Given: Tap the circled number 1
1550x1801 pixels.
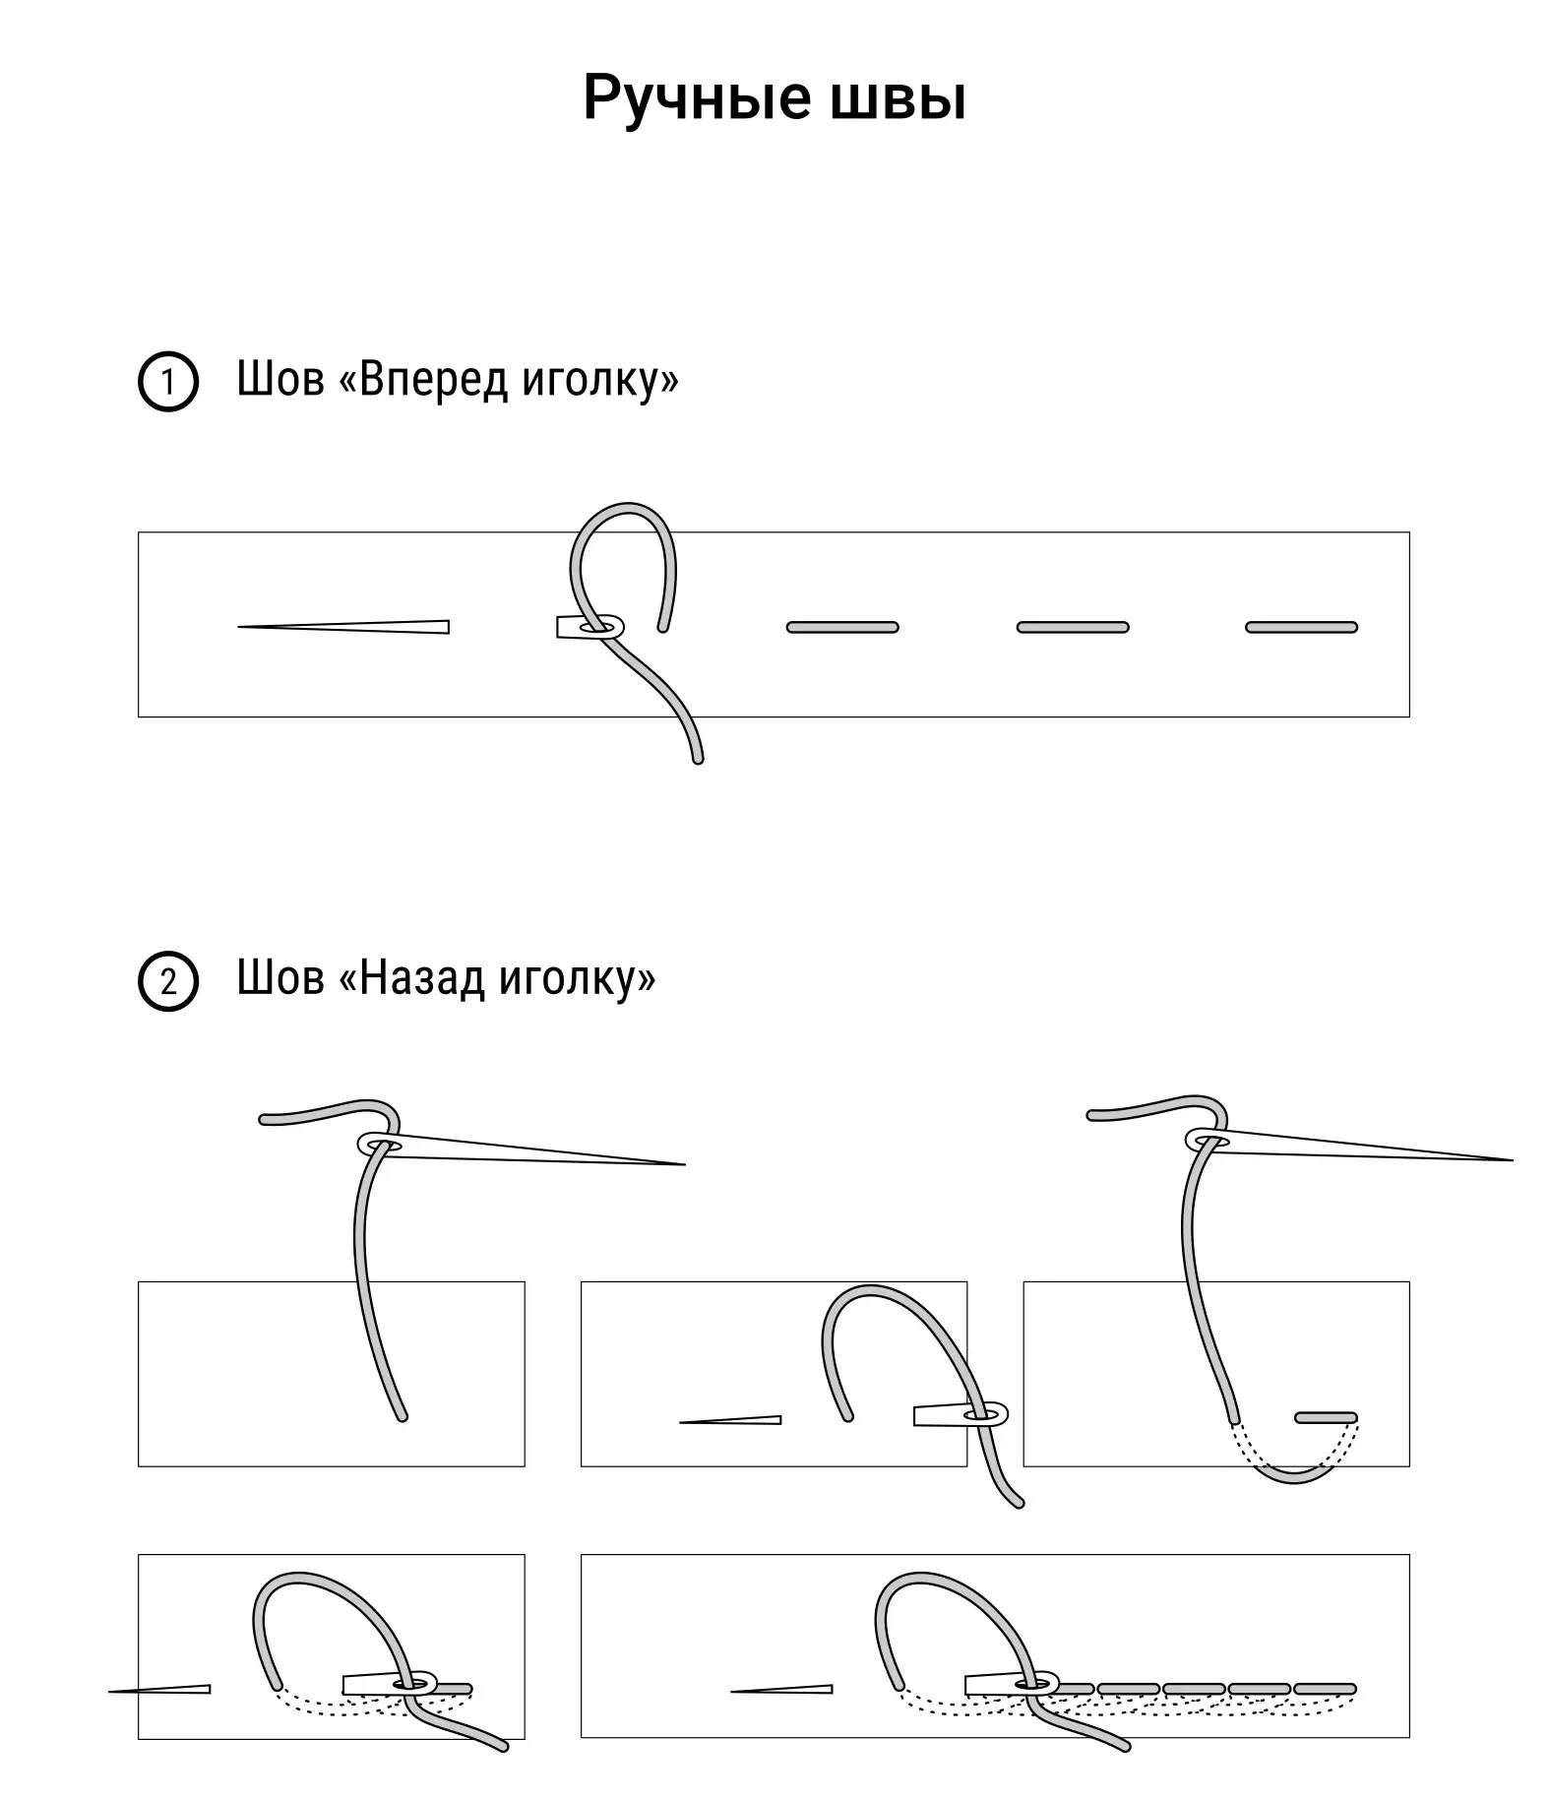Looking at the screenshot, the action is pyautogui.click(x=168, y=381).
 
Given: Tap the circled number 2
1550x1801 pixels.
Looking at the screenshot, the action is pyautogui.click(x=168, y=981).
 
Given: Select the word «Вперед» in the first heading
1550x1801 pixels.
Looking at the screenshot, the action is pyautogui.click(x=435, y=380).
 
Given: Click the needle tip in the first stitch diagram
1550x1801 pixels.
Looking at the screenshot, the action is pyautogui.click(x=239, y=627).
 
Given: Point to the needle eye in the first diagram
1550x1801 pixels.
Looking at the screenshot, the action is pyautogui.click(x=600, y=627).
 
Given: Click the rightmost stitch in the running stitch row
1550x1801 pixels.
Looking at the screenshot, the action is pyautogui.click(x=1301, y=627).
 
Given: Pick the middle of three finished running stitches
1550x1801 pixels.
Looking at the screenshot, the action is pyautogui.click(x=1073, y=627).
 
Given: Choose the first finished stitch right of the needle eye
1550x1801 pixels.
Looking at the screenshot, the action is pyautogui.click(x=842, y=627).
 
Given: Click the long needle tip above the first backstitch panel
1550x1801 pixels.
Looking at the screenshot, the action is pyautogui.click(x=684, y=1164).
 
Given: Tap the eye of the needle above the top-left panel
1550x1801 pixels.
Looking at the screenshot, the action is pyautogui.click(x=380, y=1145).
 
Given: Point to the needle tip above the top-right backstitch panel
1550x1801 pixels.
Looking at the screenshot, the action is pyautogui.click(x=1512, y=1160).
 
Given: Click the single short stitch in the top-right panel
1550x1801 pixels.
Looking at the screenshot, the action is pyautogui.click(x=1327, y=1417).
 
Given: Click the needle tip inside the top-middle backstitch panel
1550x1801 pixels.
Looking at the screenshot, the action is pyautogui.click(x=681, y=1421).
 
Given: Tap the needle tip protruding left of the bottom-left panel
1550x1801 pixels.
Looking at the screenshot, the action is pyautogui.click(x=110, y=1692).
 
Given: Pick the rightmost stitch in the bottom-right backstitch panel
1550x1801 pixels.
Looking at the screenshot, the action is pyautogui.click(x=1325, y=1689).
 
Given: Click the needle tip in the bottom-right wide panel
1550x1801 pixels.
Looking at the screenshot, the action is pyautogui.click(x=732, y=1692).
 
